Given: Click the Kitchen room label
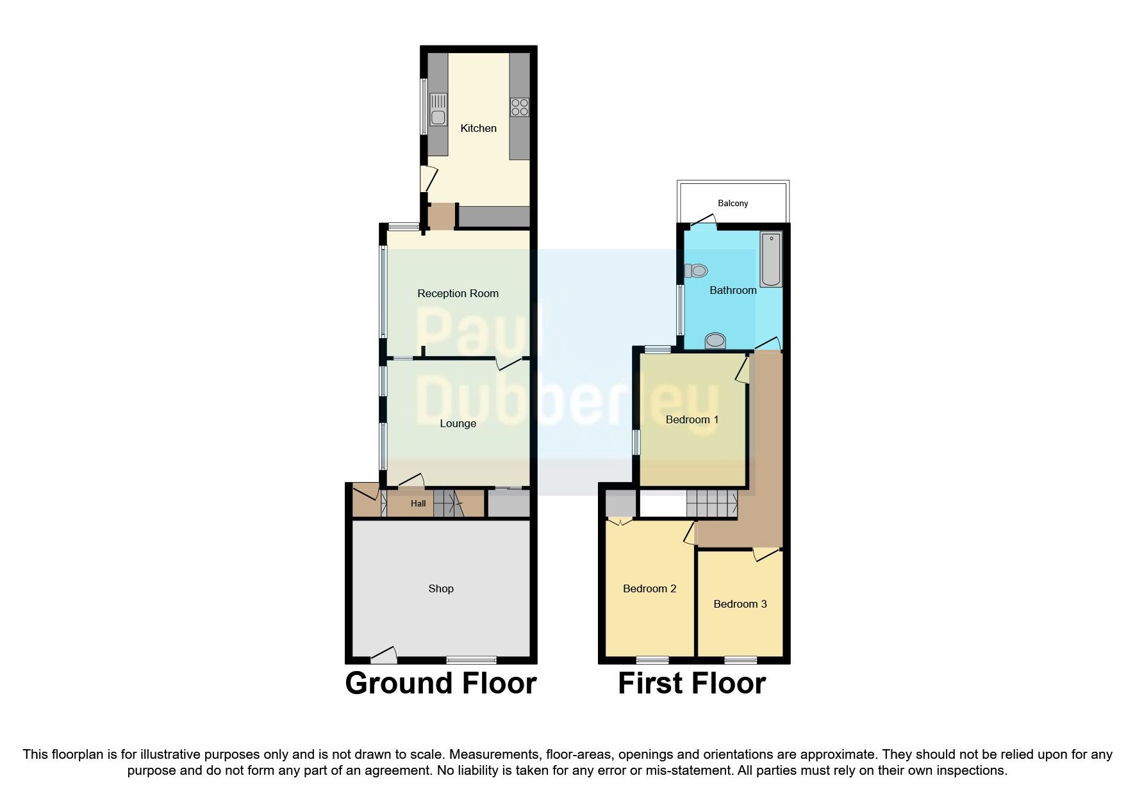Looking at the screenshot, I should (x=478, y=128).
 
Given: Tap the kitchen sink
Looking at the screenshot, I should (x=438, y=110).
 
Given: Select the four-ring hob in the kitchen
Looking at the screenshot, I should (x=520, y=107).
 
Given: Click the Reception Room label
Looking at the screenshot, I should (x=458, y=293).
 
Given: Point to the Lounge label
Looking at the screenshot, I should (x=458, y=423).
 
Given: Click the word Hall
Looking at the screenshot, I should (x=418, y=503).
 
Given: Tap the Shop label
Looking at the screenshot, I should (x=441, y=588).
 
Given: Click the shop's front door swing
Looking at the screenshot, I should (x=384, y=654).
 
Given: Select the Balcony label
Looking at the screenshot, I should (x=733, y=203).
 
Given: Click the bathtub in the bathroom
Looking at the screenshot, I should (x=771, y=259).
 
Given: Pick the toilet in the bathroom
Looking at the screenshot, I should (x=696, y=271).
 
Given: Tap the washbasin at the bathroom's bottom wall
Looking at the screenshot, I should (x=715, y=341).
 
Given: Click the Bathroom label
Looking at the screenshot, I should (x=733, y=290).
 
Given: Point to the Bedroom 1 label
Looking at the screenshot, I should (x=692, y=419).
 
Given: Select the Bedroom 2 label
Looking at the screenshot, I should (x=649, y=588).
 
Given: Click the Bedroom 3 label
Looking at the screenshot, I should (x=740, y=604).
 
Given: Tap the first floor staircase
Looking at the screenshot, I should (x=711, y=503).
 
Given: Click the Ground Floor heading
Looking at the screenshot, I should (x=441, y=683).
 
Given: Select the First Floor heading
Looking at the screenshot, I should (x=692, y=683).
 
